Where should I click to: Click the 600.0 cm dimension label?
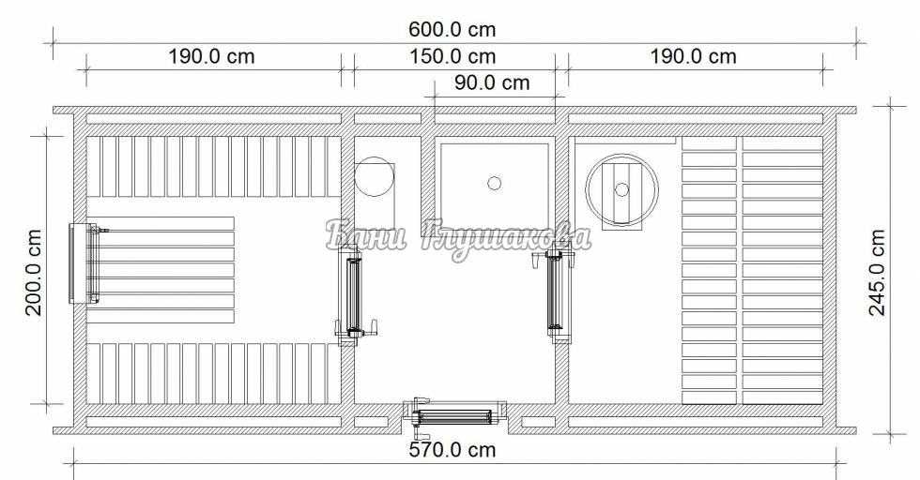click(x=452, y=29)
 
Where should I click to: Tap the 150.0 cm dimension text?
click(x=452, y=56)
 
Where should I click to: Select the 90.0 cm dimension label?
click(x=492, y=82)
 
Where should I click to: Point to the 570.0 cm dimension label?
click(x=452, y=449)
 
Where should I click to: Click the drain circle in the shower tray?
click(x=494, y=184)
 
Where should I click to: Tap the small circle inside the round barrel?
click(x=621, y=190)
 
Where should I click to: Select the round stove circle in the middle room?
click(x=374, y=176)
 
